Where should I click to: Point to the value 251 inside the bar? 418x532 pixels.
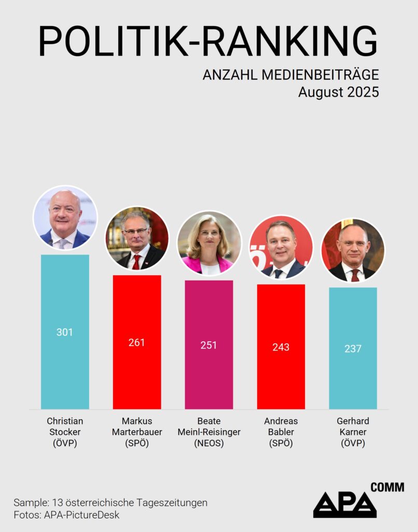point(208,345)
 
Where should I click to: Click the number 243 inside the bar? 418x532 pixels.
point(281,347)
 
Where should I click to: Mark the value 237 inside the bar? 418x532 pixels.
point(353,349)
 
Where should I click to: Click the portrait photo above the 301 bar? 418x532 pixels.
point(65,218)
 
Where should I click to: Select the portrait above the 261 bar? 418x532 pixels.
point(137,238)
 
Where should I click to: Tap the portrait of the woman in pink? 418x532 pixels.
point(209,243)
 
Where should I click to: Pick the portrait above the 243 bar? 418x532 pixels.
point(281,247)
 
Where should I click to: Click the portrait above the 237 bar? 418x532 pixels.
point(353,250)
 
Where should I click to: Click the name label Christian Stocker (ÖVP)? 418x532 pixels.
point(65,432)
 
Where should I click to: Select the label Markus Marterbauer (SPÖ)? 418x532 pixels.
point(137,432)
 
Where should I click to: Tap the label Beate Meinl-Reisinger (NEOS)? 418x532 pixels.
point(208,432)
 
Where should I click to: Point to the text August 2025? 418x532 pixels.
point(338,92)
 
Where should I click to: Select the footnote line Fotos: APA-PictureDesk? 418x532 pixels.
point(66,515)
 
